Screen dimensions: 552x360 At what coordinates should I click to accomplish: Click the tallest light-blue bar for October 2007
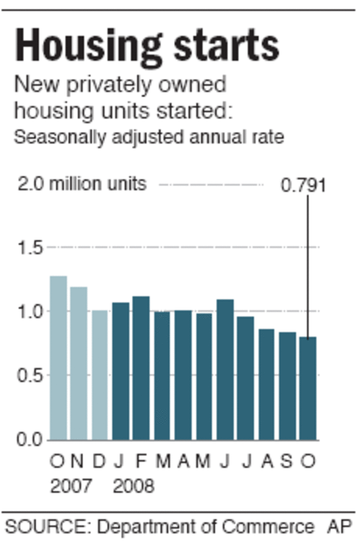point(58,358)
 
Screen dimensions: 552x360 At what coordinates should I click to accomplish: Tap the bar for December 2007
point(99,375)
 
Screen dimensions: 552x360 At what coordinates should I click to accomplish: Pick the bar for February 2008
point(141,368)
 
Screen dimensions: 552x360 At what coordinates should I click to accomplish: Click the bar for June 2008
point(225,370)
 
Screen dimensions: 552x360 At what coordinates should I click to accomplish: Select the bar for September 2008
point(287,386)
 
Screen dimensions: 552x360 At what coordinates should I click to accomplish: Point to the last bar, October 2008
point(307,388)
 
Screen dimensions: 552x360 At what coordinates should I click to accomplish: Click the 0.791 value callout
point(303,185)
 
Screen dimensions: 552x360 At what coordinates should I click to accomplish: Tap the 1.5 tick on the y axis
point(30,248)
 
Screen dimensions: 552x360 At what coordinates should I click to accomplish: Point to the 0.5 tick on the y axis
point(30,376)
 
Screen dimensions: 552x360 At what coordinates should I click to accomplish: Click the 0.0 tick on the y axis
point(30,440)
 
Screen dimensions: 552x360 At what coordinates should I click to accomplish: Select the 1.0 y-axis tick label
point(30,312)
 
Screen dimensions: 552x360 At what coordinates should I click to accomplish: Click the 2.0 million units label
point(82,184)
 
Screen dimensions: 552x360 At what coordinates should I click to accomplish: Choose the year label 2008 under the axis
point(134,486)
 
